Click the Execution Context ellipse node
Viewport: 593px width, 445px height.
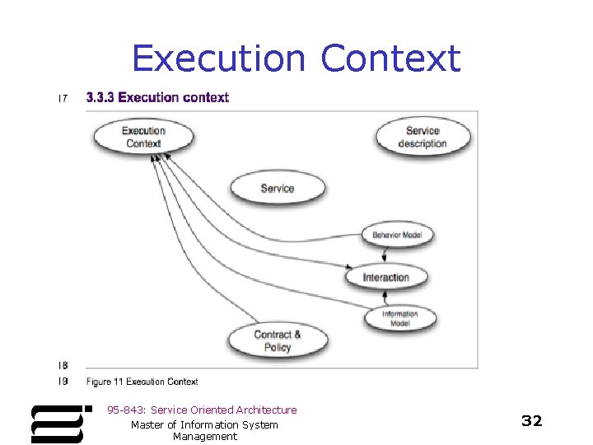coord(144,137)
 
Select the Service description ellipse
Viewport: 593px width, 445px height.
coord(423,137)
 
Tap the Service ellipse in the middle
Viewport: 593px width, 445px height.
coord(277,188)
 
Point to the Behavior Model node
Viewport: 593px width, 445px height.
coord(397,235)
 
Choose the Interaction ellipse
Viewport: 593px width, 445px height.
coord(385,277)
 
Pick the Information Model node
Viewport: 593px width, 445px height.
coord(399,318)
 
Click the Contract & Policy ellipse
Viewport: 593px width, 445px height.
coord(278,340)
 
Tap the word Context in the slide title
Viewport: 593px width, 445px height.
coord(390,59)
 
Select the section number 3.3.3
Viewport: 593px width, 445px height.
coord(100,97)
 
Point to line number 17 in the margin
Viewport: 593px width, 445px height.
coord(62,99)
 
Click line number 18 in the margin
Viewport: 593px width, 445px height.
coord(63,365)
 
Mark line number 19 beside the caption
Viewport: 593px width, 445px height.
coord(63,382)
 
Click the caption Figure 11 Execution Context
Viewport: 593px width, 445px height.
coord(142,382)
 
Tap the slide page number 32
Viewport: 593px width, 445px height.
coord(532,421)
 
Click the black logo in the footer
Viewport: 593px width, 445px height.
coord(59,424)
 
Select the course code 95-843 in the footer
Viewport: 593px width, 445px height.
coord(125,410)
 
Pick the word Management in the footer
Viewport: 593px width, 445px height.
coord(204,437)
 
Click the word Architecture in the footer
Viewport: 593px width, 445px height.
coord(266,410)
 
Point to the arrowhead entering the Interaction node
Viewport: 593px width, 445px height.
coord(348,268)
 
